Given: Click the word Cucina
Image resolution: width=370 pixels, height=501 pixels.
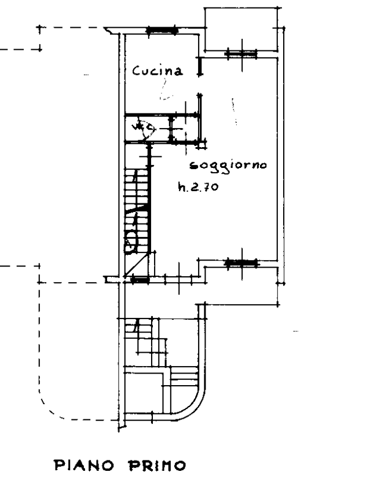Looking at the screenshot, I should (x=158, y=71).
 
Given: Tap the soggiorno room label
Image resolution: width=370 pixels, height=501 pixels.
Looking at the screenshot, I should (x=228, y=166).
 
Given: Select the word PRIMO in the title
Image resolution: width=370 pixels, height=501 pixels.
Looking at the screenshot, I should (x=157, y=465).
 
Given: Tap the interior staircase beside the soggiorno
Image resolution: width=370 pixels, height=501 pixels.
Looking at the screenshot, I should (x=138, y=209).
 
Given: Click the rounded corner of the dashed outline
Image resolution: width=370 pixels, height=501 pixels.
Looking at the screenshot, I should (x=49, y=406).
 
